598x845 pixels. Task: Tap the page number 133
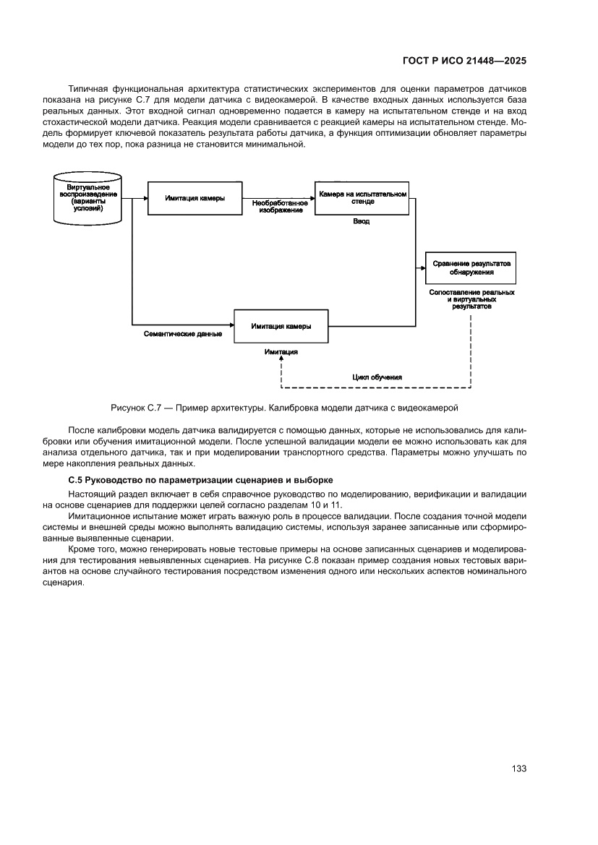click(x=518, y=768)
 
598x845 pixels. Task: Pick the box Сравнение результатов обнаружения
click(x=471, y=268)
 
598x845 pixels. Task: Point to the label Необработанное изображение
click(x=281, y=207)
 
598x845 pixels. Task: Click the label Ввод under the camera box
click(x=361, y=221)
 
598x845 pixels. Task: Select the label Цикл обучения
click(x=377, y=377)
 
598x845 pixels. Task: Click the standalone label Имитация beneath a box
click(x=281, y=352)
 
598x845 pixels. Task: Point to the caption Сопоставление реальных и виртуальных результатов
click(x=471, y=299)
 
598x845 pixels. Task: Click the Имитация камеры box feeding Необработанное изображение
click(x=195, y=198)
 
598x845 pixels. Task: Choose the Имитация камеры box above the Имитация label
click(x=281, y=326)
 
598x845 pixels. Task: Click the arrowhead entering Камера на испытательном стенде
click(x=312, y=198)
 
